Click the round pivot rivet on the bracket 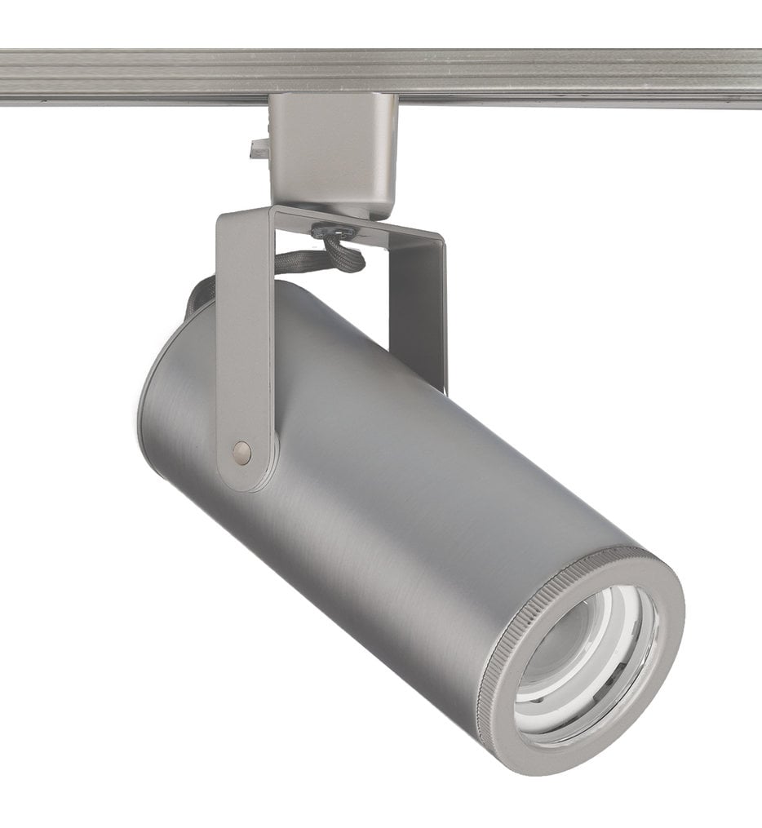(x=241, y=453)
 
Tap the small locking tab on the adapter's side (x=260, y=149)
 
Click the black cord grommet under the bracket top (x=334, y=232)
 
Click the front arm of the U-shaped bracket (x=243, y=343)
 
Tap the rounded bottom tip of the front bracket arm (x=243, y=477)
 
